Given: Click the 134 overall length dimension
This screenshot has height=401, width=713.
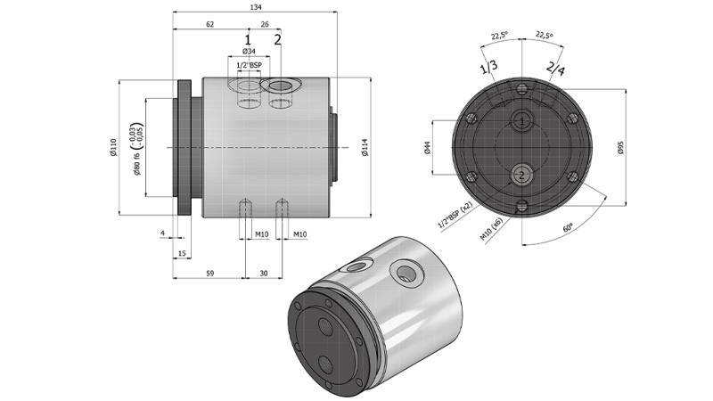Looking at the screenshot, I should (255, 7).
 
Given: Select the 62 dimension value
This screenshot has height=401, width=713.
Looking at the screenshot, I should (209, 24).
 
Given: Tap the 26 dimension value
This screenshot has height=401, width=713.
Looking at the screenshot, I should (265, 24).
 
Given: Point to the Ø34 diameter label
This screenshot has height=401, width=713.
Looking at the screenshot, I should (249, 53).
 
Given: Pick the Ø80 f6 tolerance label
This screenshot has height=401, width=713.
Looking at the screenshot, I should (137, 147).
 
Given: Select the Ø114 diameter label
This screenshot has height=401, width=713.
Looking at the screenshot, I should (365, 148).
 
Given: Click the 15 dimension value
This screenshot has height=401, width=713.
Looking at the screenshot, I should (182, 255).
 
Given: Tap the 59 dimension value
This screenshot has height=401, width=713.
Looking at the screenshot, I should (209, 274).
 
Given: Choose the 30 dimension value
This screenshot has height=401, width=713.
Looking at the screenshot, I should (263, 274).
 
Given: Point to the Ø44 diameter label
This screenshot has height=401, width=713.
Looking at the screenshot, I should (428, 147).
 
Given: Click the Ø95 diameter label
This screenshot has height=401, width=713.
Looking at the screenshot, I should (621, 148).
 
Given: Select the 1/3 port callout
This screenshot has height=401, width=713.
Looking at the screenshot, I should (488, 69).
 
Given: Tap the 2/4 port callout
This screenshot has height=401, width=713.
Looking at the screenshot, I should (554, 69).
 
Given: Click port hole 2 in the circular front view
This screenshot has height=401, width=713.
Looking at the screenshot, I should (520, 175).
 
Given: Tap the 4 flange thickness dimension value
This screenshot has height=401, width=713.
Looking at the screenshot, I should (162, 234).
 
